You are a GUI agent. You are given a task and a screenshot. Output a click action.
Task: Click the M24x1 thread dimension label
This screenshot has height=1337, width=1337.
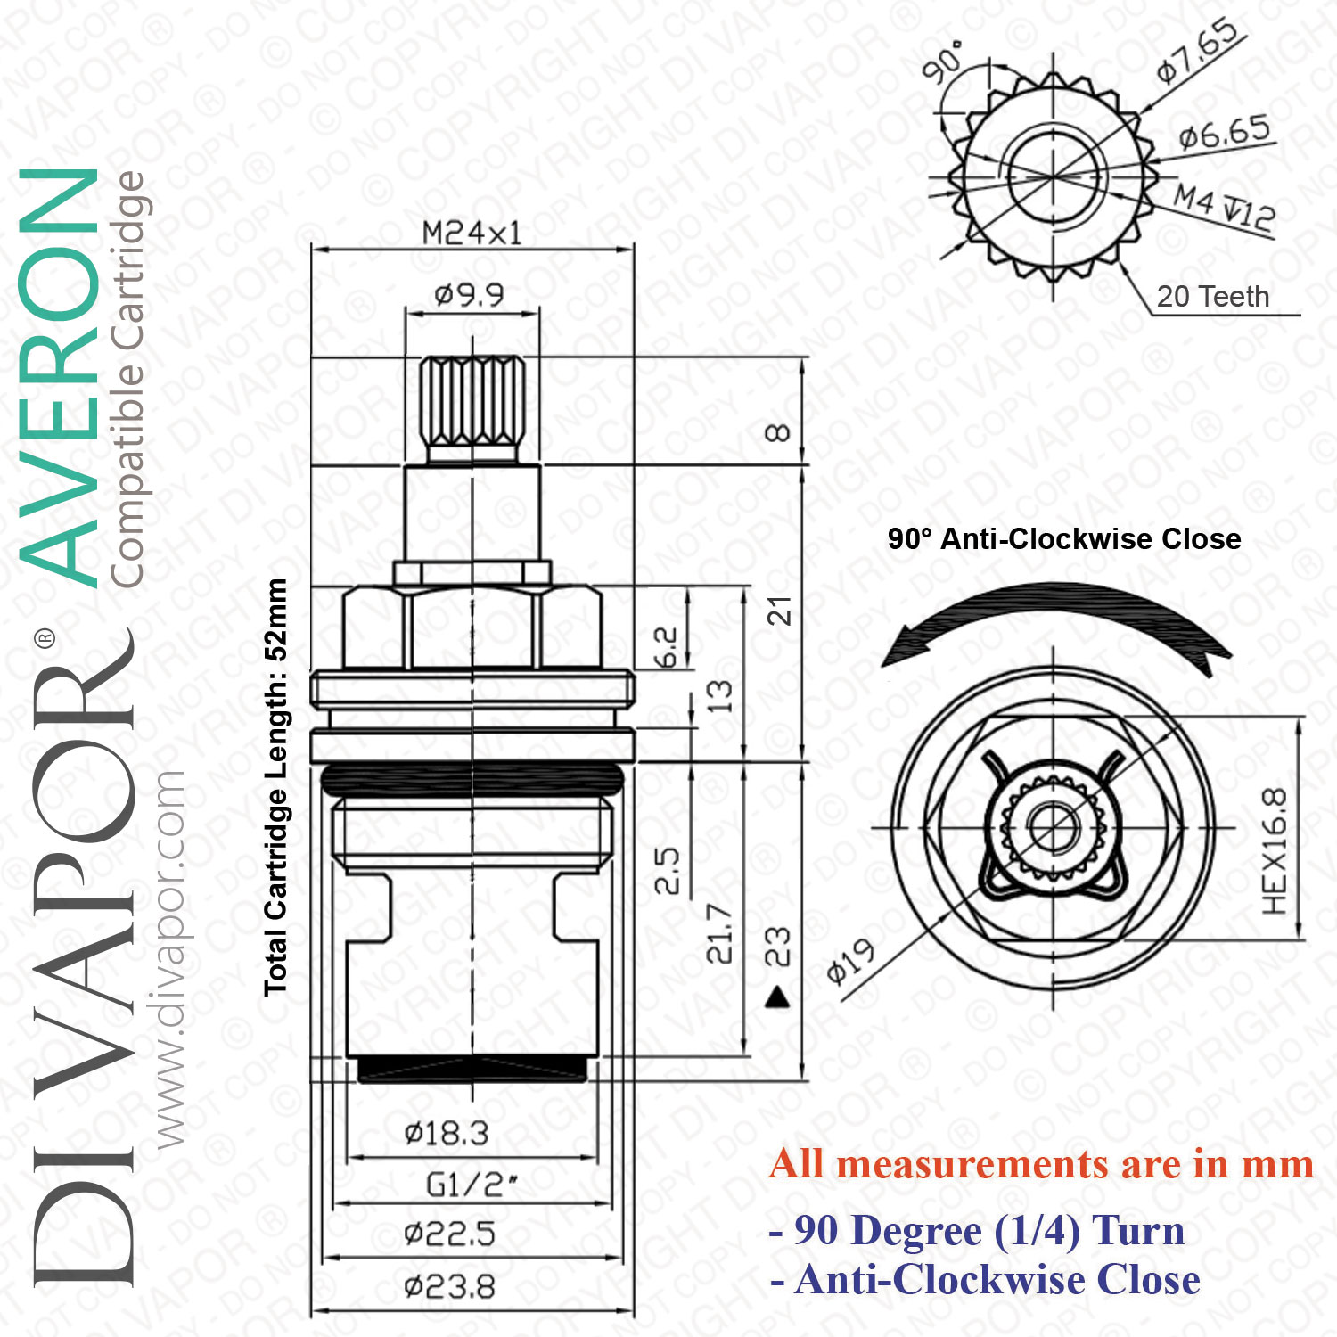click(x=472, y=234)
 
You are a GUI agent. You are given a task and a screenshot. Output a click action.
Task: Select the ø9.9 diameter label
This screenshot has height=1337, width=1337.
click(x=469, y=293)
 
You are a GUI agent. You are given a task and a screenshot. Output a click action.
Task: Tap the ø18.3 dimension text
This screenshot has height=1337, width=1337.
click(x=447, y=1134)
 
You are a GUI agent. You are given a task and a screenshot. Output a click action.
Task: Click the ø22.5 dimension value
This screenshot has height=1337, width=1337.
click(x=449, y=1234)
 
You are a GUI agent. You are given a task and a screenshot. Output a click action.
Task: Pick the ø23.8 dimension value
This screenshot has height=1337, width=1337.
click(x=449, y=1287)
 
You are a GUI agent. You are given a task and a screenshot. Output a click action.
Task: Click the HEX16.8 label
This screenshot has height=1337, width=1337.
click(x=1275, y=851)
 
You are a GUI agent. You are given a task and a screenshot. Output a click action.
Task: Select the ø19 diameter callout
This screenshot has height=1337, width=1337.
click(x=850, y=963)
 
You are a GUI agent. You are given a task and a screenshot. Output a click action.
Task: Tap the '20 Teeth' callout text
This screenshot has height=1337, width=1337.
click(x=1213, y=296)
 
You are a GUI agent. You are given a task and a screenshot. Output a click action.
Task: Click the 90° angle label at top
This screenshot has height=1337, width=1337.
click(x=943, y=61)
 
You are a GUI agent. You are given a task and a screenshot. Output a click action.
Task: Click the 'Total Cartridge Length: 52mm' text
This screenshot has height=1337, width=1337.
click(x=275, y=787)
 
